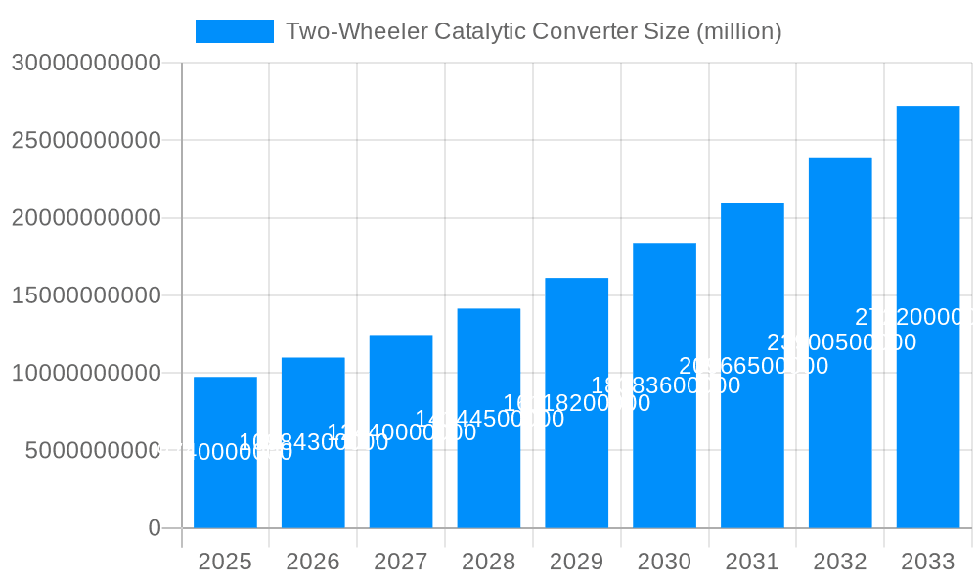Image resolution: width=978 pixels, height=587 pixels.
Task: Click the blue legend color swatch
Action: point(235,31)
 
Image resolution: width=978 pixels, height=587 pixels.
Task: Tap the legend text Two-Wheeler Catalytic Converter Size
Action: point(533,31)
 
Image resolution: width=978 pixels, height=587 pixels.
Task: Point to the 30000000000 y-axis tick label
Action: point(86,63)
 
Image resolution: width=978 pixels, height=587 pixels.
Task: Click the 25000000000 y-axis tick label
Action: point(86,140)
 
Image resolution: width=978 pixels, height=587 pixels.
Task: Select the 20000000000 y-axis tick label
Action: point(86,217)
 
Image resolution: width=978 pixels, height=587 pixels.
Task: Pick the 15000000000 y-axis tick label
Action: point(86,295)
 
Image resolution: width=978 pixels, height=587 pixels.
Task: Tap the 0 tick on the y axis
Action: point(154,528)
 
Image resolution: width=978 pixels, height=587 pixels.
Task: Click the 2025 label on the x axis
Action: point(225,562)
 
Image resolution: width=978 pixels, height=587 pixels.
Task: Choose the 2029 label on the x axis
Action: point(577,562)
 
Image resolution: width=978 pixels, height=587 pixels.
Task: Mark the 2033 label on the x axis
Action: point(928,562)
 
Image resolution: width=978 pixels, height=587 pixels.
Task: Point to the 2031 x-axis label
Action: point(752,562)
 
